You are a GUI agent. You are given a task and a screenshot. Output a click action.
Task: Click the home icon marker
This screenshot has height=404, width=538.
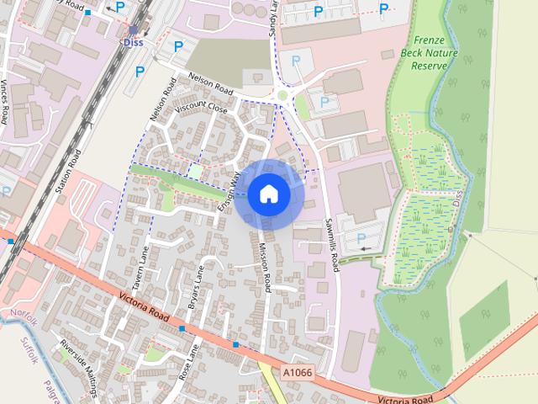269,194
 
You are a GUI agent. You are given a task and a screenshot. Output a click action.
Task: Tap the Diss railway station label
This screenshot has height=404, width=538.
133,41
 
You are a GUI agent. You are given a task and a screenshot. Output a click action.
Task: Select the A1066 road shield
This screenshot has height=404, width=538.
296,372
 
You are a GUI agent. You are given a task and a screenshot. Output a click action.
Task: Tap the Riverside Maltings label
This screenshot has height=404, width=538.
81,365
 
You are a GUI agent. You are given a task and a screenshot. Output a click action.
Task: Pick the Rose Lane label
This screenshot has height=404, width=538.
186,363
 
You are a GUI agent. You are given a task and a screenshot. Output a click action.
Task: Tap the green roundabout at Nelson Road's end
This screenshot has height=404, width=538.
282,96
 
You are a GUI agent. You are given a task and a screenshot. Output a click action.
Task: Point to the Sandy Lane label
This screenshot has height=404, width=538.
272,17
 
